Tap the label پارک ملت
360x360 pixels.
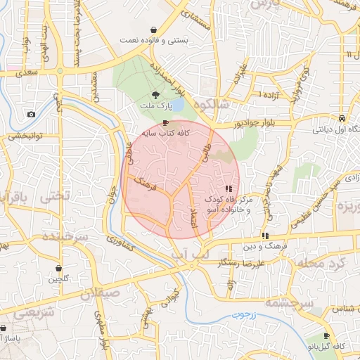156,107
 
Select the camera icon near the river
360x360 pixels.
31,115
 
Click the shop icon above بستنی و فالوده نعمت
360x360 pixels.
153,30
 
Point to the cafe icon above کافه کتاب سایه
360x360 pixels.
165,122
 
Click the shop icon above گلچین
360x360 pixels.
58,269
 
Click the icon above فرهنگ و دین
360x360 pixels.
265,236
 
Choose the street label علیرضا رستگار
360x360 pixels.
242,263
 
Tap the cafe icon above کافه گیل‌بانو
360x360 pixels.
326,336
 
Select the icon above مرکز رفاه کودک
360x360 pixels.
229,189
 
